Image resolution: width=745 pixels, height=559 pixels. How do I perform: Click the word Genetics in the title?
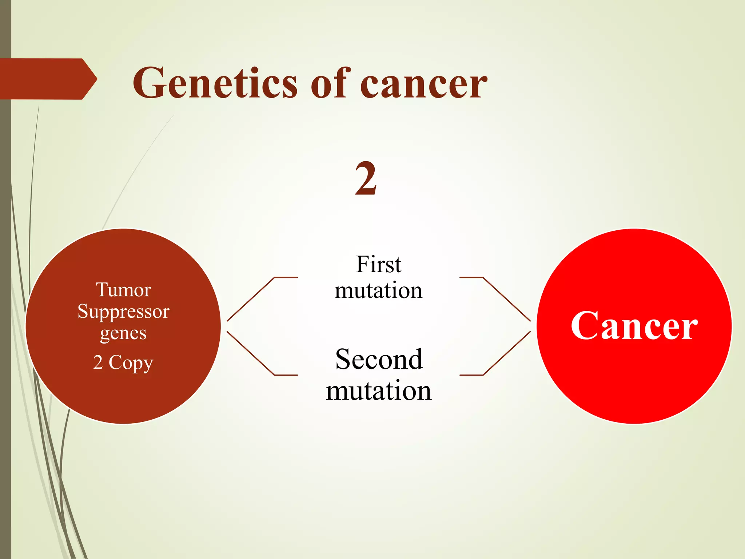pyautogui.click(x=215, y=84)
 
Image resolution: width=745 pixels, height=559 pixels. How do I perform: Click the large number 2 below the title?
pyautogui.click(x=366, y=178)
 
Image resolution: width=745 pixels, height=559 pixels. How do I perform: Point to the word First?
pyautogui.click(x=378, y=264)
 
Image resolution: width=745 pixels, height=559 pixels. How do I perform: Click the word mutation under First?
pyautogui.click(x=378, y=291)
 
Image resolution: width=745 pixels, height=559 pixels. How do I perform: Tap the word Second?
pyautogui.click(x=379, y=360)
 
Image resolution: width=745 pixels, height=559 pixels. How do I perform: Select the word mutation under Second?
pyautogui.click(x=378, y=391)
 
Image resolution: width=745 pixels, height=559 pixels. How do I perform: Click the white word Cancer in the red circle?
pyautogui.click(x=634, y=326)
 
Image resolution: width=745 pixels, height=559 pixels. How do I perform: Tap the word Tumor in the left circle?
pyautogui.click(x=123, y=290)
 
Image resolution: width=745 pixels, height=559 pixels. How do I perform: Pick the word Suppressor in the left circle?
pyautogui.click(x=123, y=312)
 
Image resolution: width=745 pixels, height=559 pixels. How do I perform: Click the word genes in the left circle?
pyautogui.click(x=123, y=333)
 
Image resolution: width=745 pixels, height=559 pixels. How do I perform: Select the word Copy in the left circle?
pyautogui.click(x=131, y=363)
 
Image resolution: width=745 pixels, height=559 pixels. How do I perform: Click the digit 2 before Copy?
pyautogui.click(x=98, y=362)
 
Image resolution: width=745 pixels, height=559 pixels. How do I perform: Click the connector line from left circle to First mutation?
pyautogui.click(x=251, y=299)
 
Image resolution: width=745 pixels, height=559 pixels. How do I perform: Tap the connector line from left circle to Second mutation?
pyautogui.click(x=251, y=353)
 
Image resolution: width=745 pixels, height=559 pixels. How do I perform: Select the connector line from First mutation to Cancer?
pyautogui.click(x=506, y=299)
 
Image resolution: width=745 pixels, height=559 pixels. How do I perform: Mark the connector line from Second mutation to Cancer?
pyautogui.click(x=506, y=353)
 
